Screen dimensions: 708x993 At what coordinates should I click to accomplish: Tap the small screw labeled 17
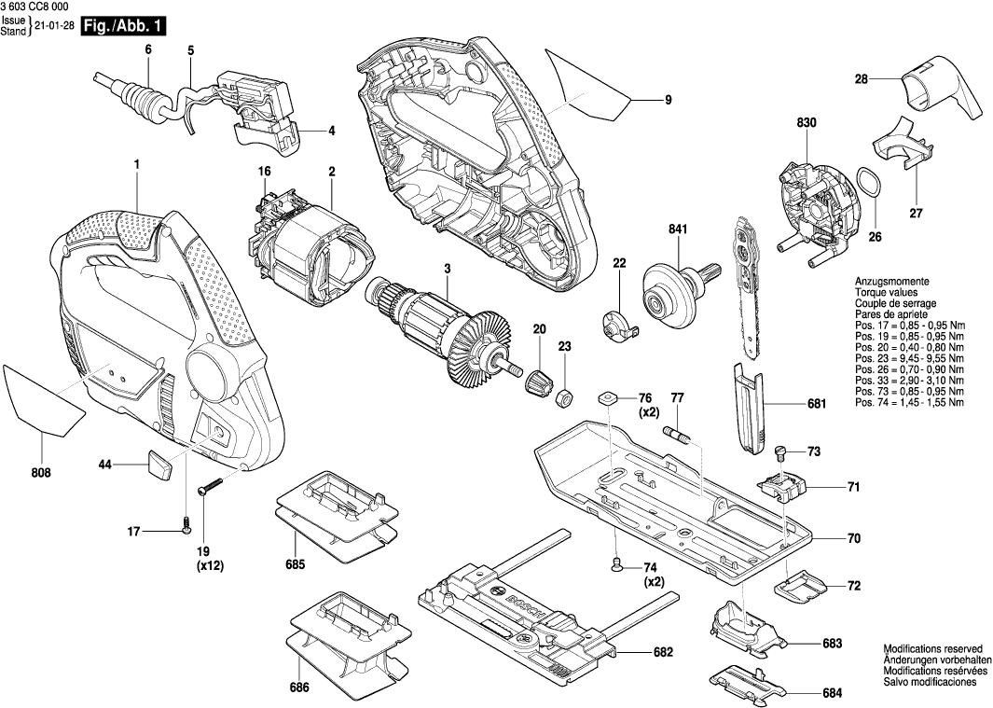[186, 528]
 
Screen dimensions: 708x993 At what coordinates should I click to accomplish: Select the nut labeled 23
[562, 399]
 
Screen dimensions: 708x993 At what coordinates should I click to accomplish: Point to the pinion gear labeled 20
[539, 380]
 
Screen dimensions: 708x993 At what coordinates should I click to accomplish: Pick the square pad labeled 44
[159, 464]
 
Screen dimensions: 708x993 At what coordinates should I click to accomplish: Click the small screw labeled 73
[781, 451]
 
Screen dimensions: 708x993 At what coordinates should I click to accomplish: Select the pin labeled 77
[677, 435]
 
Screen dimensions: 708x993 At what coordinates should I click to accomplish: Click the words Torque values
[887, 293]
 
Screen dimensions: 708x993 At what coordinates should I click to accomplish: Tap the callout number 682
[663, 652]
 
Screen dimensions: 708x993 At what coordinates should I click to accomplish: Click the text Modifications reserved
[932, 647]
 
